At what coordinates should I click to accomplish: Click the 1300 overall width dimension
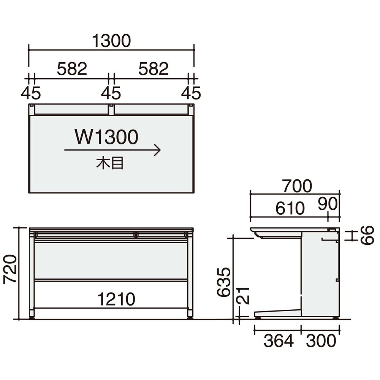(111, 41)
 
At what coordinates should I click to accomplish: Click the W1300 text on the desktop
(106, 137)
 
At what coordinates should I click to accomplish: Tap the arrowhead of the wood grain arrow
(158, 150)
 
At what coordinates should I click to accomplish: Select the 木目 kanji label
(110, 163)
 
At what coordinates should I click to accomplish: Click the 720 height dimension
(10, 269)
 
